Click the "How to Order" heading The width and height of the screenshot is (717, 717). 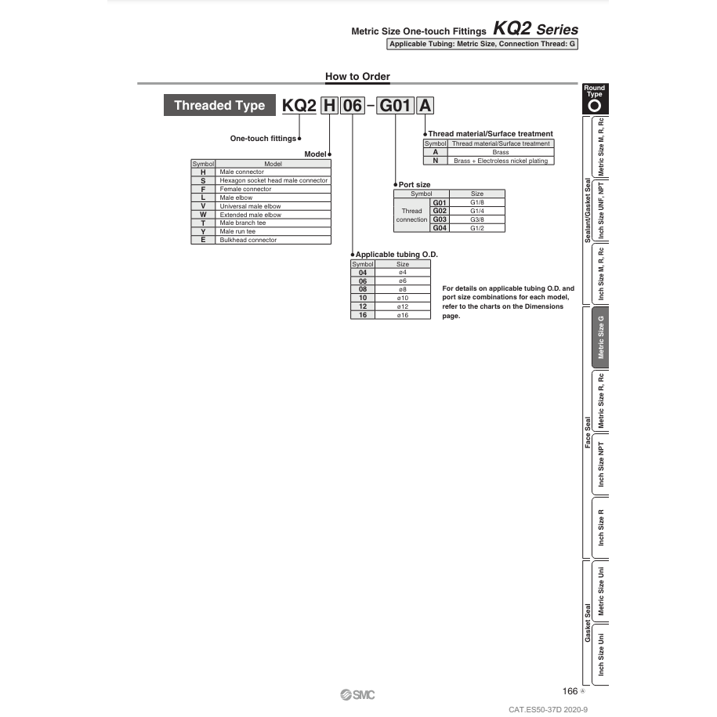(x=357, y=76)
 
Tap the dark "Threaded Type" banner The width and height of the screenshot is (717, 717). (x=214, y=105)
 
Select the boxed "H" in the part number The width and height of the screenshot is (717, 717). (x=329, y=105)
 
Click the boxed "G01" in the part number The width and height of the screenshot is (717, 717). (x=396, y=105)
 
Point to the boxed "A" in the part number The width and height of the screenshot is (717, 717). (x=425, y=105)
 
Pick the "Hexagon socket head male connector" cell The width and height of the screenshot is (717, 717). (x=273, y=180)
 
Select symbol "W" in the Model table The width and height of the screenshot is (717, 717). (x=203, y=215)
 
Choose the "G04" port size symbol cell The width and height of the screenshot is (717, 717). (x=440, y=228)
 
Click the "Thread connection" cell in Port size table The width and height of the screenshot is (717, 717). (x=411, y=215)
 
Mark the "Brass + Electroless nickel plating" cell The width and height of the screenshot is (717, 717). (x=501, y=161)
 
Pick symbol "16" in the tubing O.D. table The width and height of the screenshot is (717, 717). (x=363, y=315)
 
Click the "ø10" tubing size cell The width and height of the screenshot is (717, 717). (x=403, y=298)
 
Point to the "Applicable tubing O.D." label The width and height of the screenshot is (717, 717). (x=397, y=255)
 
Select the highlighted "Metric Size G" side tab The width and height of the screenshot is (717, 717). (x=601, y=337)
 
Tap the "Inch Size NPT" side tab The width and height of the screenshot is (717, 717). (x=601, y=464)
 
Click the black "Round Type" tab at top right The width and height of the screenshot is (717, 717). (x=595, y=99)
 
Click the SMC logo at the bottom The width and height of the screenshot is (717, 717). (x=358, y=694)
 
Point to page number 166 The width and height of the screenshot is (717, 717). (x=570, y=691)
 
